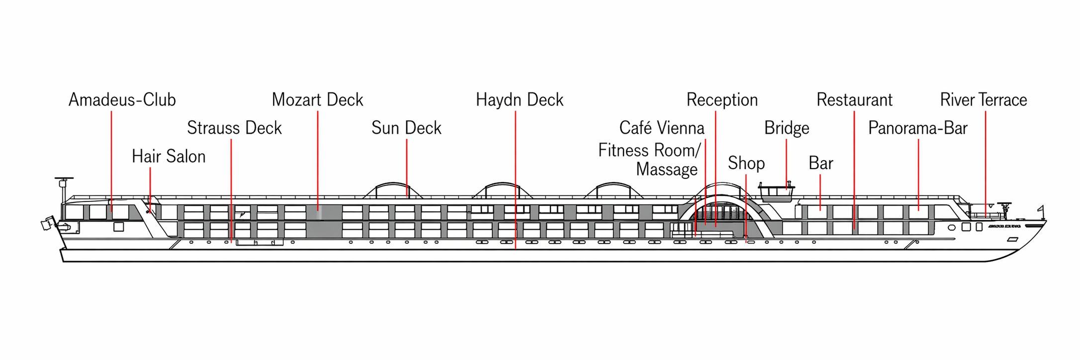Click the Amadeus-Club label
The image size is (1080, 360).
[x=122, y=100]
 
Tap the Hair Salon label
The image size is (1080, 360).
[x=169, y=157]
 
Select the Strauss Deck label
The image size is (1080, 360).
[x=234, y=128]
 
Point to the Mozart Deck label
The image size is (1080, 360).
[x=317, y=100]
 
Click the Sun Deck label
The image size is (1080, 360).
[x=406, y=128]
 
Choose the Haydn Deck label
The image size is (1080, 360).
[x=520, y=100]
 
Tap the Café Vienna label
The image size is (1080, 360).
[x=662, y=128]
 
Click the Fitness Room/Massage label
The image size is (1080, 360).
[x=649, y=160]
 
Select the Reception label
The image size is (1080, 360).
[x=722, y=100]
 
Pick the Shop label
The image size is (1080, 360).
[x=746, y=163]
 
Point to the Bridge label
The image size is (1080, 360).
[x=787, y=128]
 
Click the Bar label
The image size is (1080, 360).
[x=820, y=163]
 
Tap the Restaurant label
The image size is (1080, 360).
[x=854, y=100]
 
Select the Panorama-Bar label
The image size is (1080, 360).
[x=918, y=128]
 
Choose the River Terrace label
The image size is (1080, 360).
[x=984, y=100]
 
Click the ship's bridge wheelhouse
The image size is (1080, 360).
[x=777, y=192]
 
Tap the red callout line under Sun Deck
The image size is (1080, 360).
[x=407, y=167]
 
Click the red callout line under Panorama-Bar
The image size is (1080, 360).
[x=918, y=174]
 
